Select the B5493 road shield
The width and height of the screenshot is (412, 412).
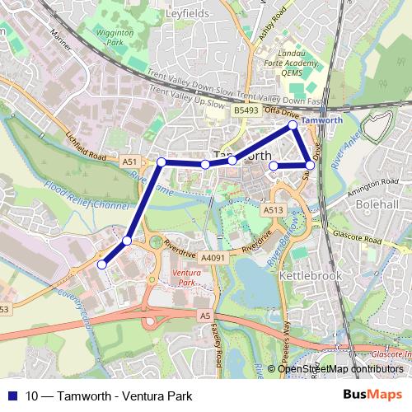pos(246,110)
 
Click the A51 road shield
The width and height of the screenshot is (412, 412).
pos(129,163)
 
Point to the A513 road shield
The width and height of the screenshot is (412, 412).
pos(274,211)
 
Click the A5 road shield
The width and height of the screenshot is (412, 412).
pos(205,315)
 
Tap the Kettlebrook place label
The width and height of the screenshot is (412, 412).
pos(311,276)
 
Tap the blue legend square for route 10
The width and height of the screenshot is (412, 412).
pos(12,395)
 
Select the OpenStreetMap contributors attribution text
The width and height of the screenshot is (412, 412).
pos(340,368)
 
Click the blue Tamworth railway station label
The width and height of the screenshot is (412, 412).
pos(322,120)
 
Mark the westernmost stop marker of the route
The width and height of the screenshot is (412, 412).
pos(102,265)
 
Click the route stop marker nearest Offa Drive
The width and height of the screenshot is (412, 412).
pos(293,125)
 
